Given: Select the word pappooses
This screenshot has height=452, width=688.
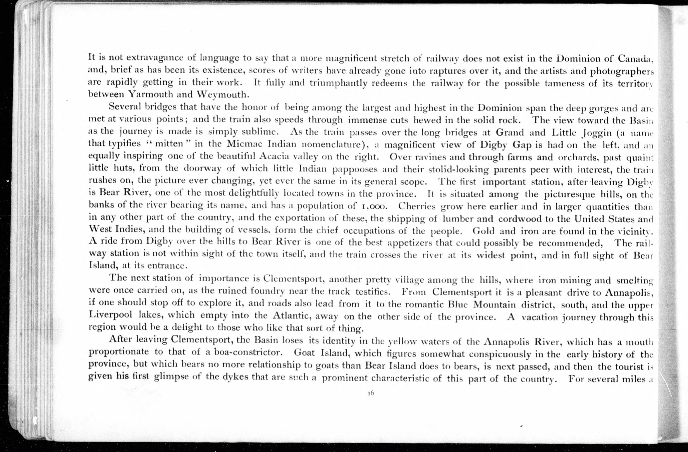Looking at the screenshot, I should pos(355,169).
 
